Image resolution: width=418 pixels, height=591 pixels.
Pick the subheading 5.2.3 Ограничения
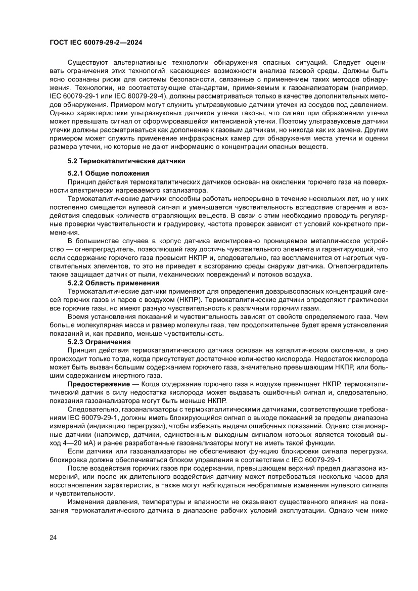(99, 342)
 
